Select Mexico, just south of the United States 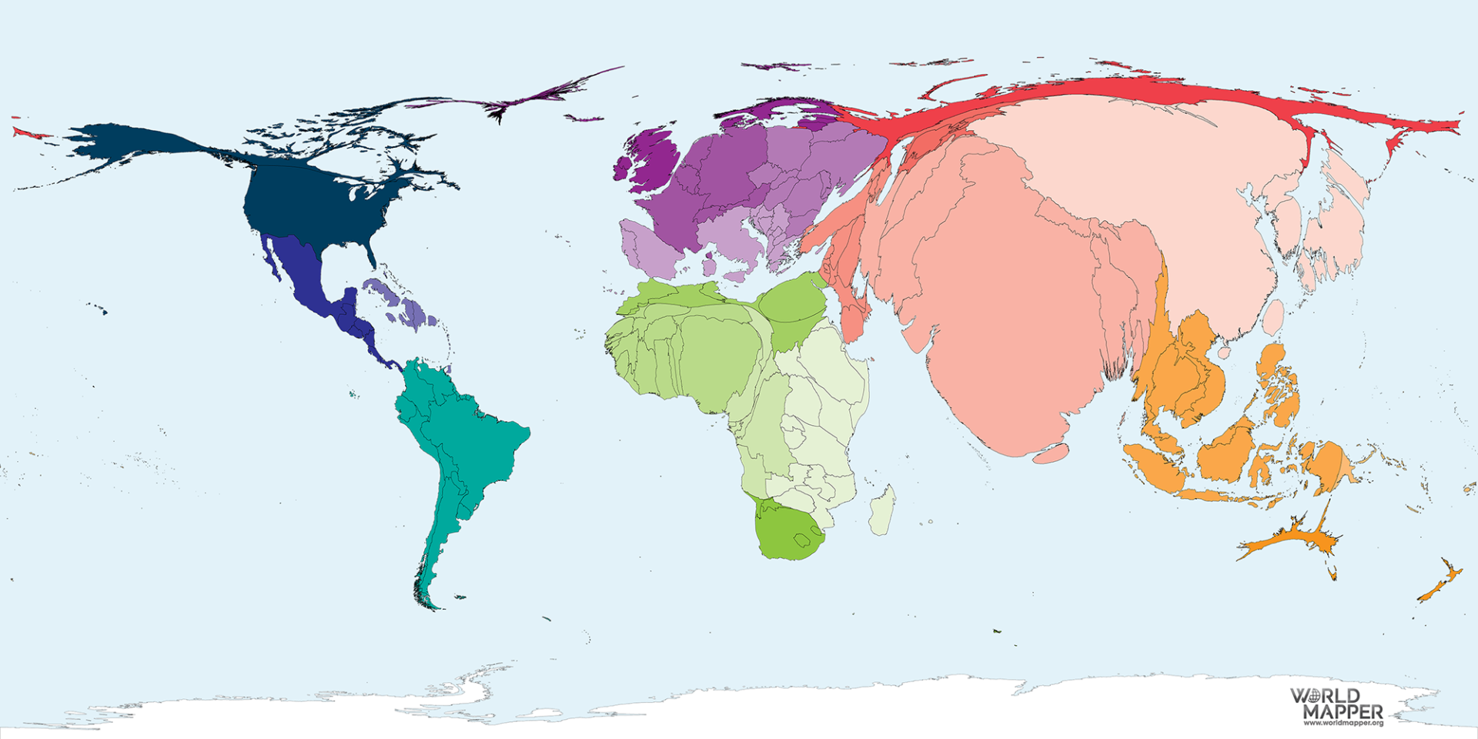300,269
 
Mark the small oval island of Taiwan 1274,317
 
